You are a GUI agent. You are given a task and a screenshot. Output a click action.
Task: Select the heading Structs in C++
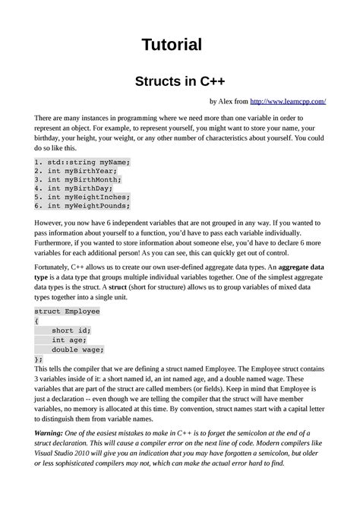(x=180, y=81)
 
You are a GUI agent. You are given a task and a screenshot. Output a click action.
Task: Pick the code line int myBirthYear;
(x=80, y=173)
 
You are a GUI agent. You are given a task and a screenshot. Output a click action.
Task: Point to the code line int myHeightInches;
(x=88, y=205)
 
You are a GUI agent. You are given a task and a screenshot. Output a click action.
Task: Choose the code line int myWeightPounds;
(x=88, y=216)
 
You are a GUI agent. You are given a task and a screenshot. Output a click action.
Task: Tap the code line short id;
(x=71, y=330)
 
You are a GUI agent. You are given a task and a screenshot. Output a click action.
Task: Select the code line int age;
(x=68, y=340)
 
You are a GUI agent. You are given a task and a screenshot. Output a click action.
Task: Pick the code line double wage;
(x=77, y=350)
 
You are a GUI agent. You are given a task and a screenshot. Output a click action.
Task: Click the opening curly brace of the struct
(x=37, y=321)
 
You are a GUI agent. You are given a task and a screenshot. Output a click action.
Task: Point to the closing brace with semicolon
(x=39, y=359)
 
